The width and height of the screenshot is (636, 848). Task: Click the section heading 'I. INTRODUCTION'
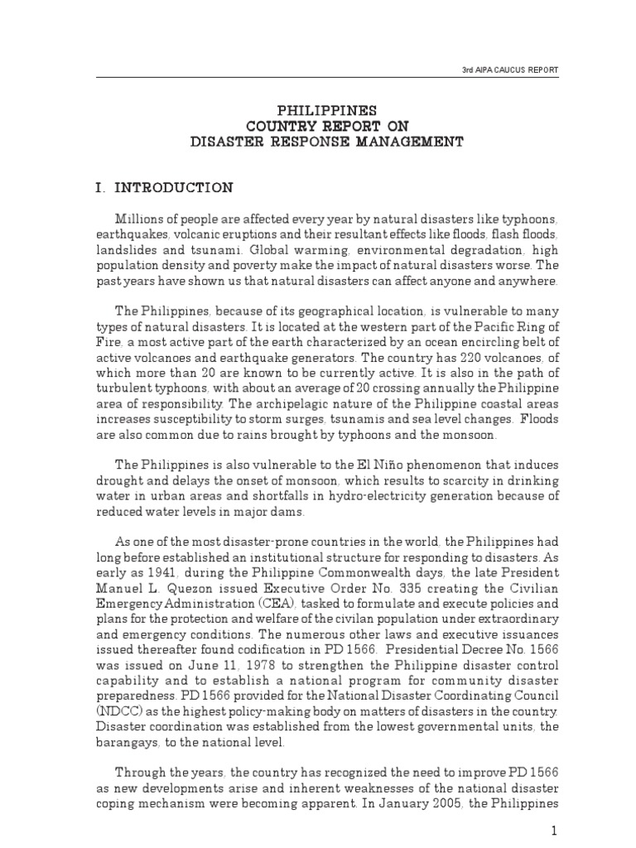pyautogui.click(x=164, y=188)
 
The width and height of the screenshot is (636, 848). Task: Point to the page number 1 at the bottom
pyautogui.click(x=556, y=829)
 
